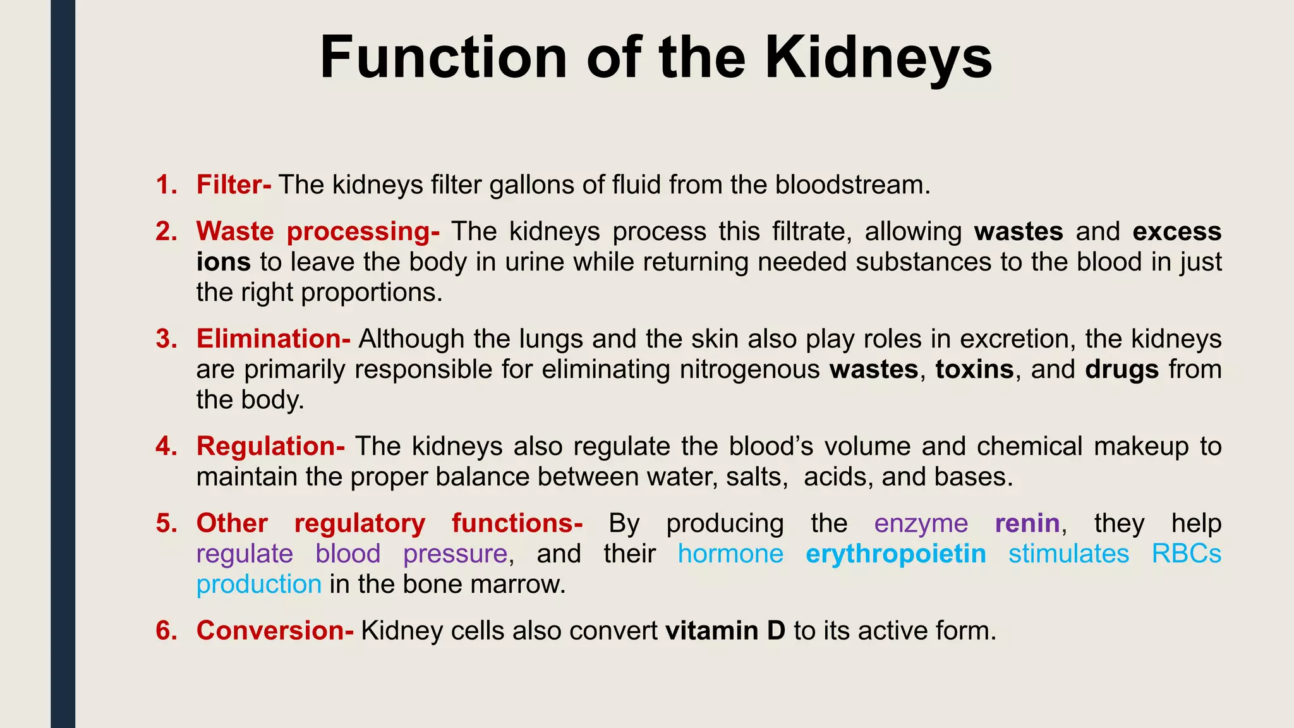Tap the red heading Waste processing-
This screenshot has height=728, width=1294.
[318, 231]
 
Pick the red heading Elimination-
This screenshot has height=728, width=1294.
[273, 339]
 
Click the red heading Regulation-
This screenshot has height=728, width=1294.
[270, 446]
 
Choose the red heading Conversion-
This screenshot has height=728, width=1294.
[275, 631]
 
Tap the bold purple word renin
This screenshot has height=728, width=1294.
[1027, 523]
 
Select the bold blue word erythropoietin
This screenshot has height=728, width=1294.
[896, 554]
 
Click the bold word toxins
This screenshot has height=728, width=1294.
[974, 369]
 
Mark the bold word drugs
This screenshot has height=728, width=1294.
[1122, 369]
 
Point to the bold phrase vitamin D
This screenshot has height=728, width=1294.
[725, 631]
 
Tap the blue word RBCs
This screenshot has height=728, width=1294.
[1186, 554]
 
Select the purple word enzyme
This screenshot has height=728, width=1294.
[921, 523]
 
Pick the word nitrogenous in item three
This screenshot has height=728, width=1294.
[749, 369]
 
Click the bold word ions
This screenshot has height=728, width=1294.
[223, 262]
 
